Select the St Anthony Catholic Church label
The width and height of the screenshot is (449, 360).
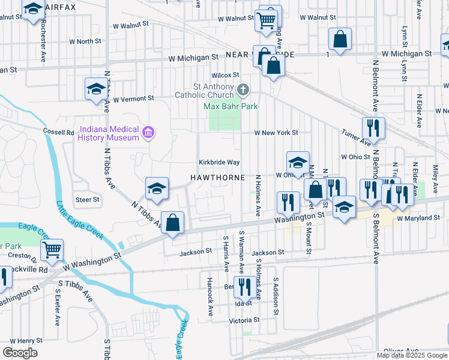[x=205, y=91]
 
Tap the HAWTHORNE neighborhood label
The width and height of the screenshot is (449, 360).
[x=218, y=178]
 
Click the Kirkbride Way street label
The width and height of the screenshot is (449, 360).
[x=220, y=163]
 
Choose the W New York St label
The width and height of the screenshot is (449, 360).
[x=276, y=133]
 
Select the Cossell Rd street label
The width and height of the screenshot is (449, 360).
[x=58, y=132]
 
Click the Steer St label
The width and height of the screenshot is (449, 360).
[x=87, y=199]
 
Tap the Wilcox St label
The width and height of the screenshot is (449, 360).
[x=226, y=75]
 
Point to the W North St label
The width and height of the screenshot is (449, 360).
[x=85, y=41]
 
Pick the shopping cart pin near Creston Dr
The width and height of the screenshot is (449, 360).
[x=52, y=250]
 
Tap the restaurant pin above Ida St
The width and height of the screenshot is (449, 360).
[x=244, y=287]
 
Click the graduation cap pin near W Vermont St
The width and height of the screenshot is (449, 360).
[x=95, y=90]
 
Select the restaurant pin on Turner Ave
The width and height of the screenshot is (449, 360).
[x=373, y=128]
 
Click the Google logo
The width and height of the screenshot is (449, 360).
[x=20, y=353]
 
